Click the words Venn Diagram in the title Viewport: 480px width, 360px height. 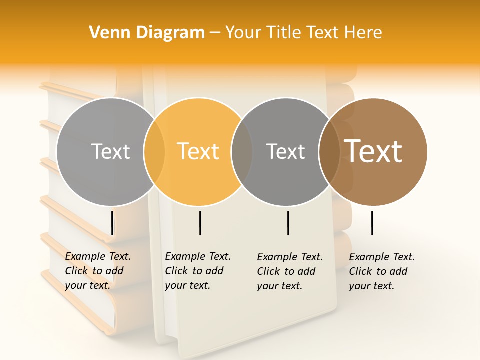pyautogui.click(x=147, y=33)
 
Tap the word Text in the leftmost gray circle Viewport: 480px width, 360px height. pyautogui.click(x=110, y=151)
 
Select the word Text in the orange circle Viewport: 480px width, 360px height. pyautogui.click(x=198, y=151)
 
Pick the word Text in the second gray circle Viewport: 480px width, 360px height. pyautogui.click(x=285, y=151)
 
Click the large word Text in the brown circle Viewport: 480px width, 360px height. pyautogui.click(x=373, y=151)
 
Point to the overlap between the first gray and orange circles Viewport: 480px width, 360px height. pyautogui.click(x=154, y=151)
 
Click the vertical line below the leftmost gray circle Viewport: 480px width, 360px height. pyautogui.click(x=112, y=223)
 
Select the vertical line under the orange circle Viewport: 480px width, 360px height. pyautogui.click(x=200, y=223)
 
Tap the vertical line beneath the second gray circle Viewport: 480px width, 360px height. pyautogui.click(x=288, y=223)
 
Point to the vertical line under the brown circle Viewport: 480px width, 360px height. pyautogui.click(x=372, y=223)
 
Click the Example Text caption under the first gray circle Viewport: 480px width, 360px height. pyautogui.click(x=97, y=271)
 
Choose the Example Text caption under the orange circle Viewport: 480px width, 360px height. pyautogui.click(x=197, y=271)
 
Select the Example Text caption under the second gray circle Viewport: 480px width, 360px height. pyautogui.click(x=289, y=271)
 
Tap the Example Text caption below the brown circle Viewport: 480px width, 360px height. pyautogui.click(x=381, y=271)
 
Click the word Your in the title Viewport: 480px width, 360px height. pyautogui.click(x=241, y=33)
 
